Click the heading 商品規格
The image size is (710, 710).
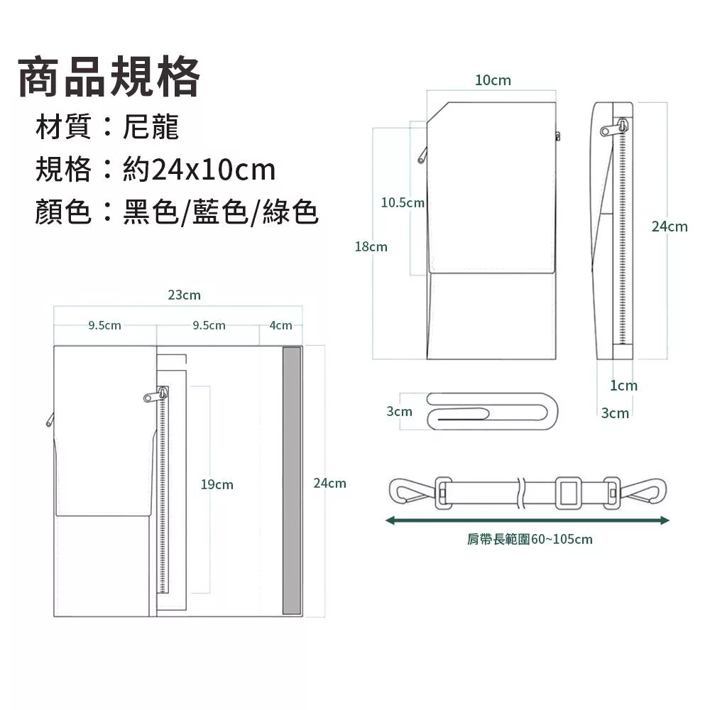109,77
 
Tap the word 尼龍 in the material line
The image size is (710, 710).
151,126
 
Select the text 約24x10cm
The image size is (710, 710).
200,170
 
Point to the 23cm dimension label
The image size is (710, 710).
185,295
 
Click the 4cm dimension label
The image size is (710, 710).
280,325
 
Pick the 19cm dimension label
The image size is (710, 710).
217,484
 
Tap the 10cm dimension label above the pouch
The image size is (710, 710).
493,80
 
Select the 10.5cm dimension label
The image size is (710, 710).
403,202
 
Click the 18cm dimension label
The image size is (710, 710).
371,247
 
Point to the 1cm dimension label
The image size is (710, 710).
623,386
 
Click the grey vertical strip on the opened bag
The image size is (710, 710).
292,481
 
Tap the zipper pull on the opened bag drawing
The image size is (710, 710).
157,395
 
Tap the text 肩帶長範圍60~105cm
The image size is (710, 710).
530,540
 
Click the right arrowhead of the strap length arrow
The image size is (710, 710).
665,520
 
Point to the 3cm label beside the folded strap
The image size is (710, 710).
399,411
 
